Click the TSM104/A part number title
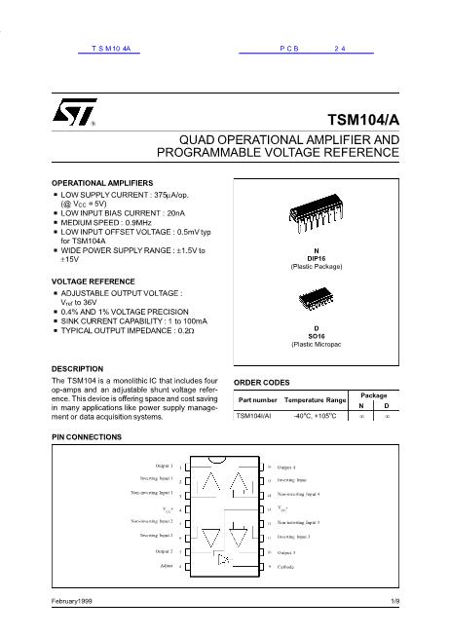point(367,119)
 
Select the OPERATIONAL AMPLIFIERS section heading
point(101,183)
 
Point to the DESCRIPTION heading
point(76,369)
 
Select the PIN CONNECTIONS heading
point(86,437)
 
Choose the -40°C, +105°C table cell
point(316,416)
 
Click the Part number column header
point(258,400)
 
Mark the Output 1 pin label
point(161,467)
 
